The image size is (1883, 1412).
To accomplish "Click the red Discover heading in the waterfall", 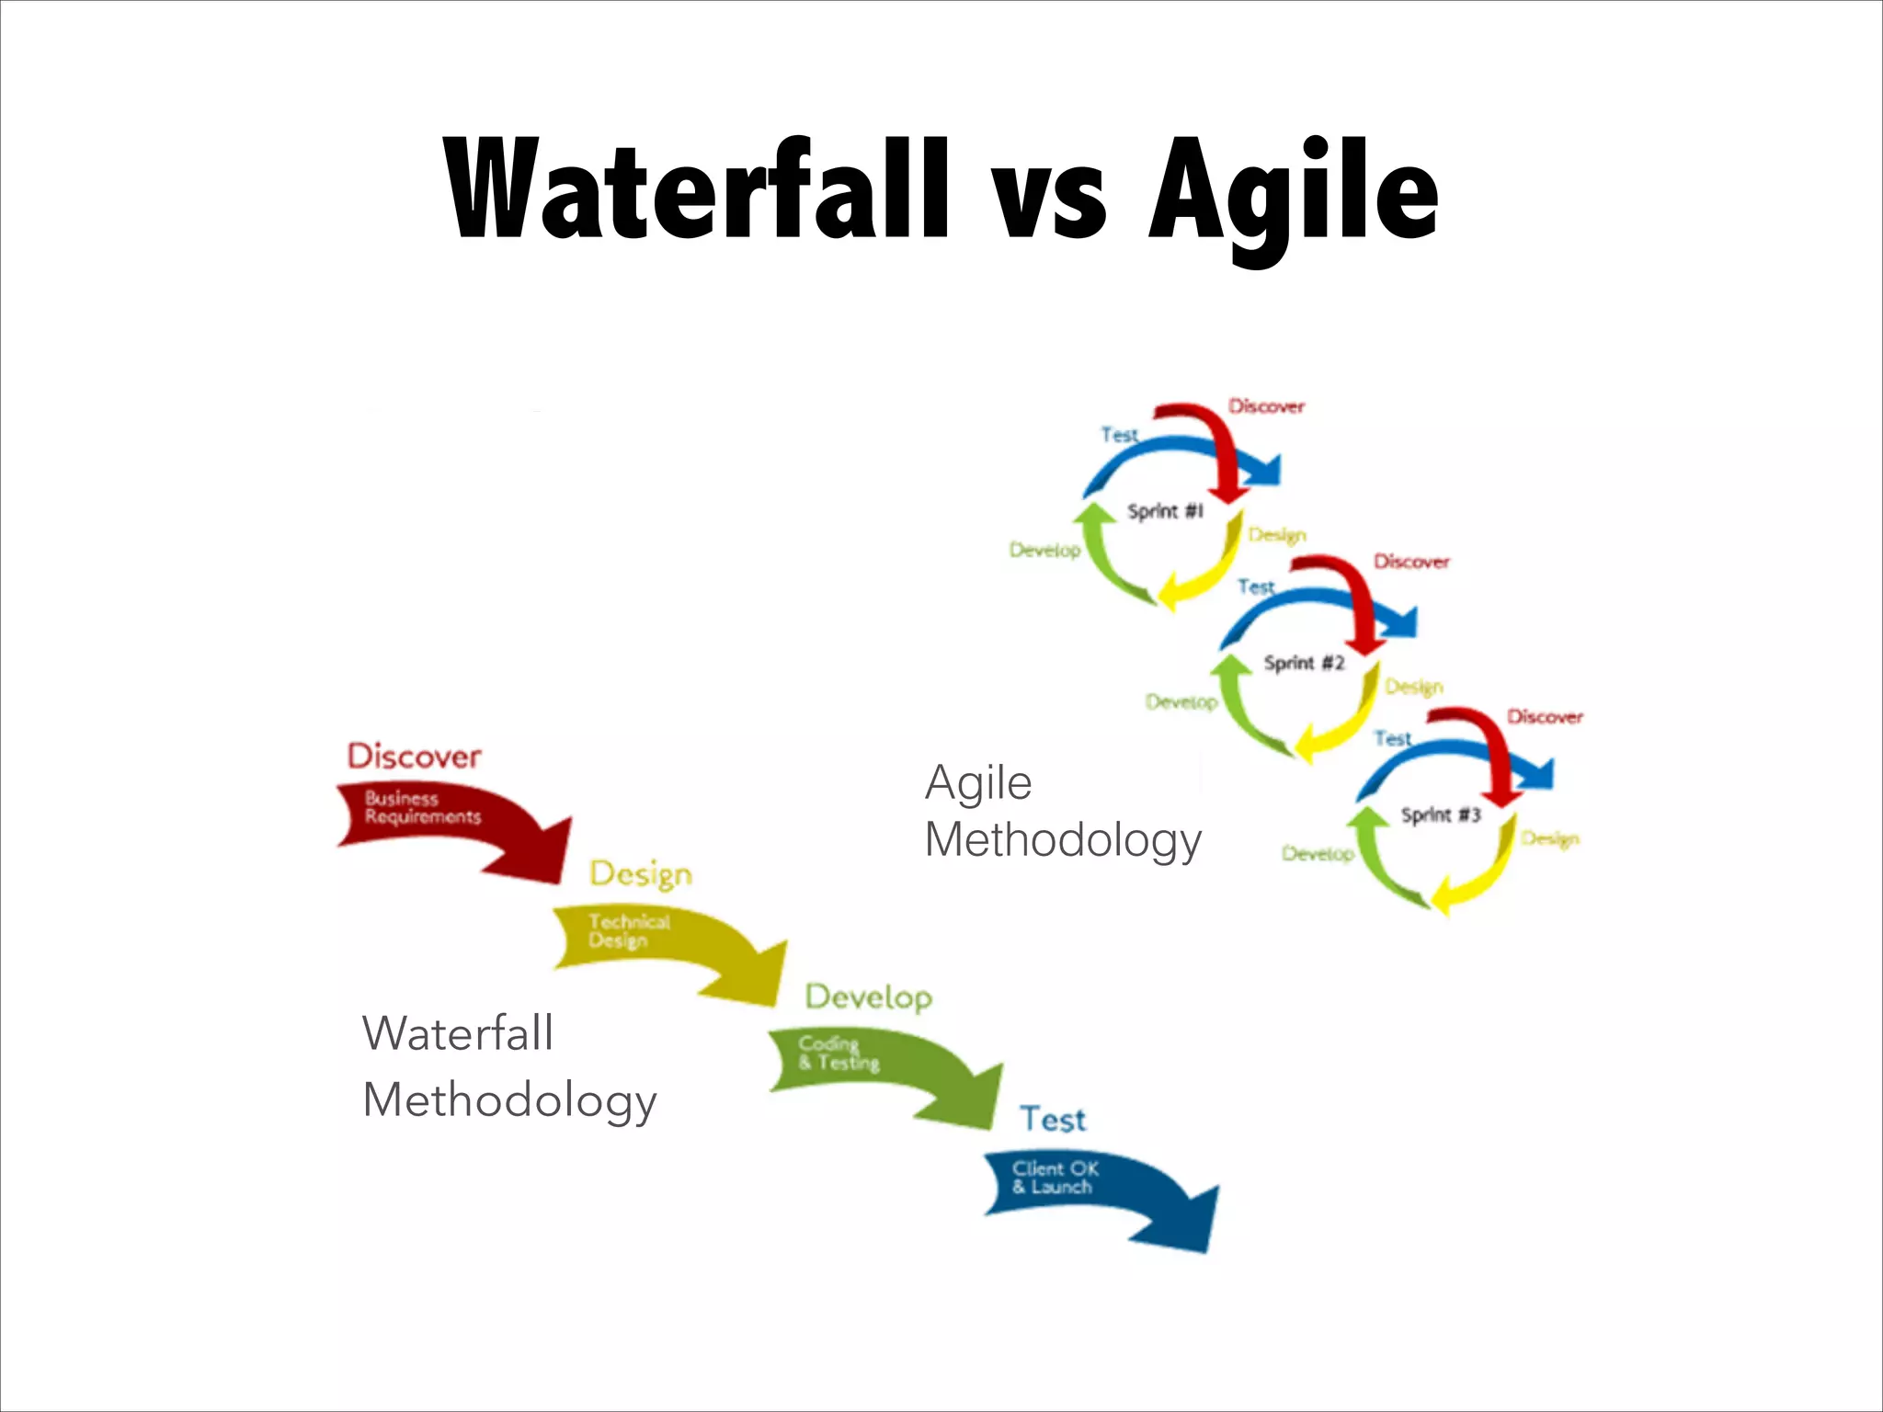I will coord(414,757).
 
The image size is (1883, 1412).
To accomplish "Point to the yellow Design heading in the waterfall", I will coord(641,874).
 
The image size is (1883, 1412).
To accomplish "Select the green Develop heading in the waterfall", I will coord(869,997).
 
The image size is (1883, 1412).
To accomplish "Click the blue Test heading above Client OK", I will coord(1053,1120).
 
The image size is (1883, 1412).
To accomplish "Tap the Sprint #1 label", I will coord(1165,511).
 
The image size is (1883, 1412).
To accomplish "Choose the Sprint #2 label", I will coord(1303,663).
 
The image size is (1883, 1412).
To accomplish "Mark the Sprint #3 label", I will coord(1440,814).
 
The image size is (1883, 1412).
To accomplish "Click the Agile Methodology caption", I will coord(1062,811).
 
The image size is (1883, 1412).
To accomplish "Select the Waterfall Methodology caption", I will coord(508,1066).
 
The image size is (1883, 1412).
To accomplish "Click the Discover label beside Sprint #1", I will coord(1266,406).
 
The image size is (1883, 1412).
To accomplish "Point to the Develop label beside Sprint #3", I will coord(1318,854).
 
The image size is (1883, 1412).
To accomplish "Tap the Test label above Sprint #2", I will coord(1256,586).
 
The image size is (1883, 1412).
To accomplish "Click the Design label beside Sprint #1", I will coord(1276,535).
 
